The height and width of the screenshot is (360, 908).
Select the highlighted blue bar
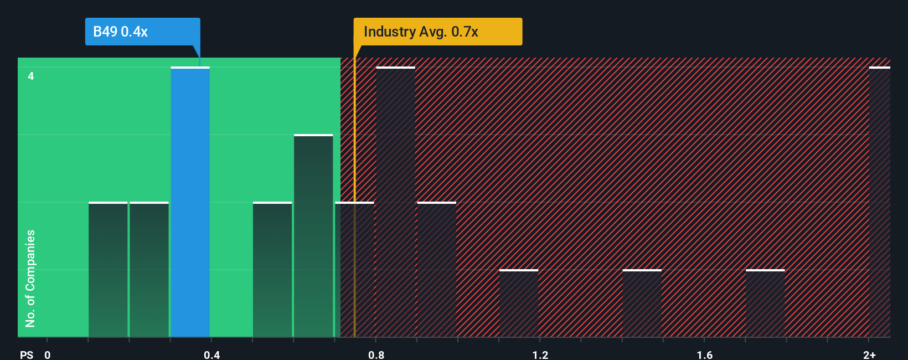click(190, 202)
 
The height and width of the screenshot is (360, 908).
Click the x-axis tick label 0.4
click(211, 354)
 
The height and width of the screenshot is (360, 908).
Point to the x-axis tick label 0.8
click(376, 354)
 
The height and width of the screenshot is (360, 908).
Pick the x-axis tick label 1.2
click(540, 354)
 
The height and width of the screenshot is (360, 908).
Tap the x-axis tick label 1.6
click(704, 354)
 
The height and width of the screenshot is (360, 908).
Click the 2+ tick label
click(869, 354)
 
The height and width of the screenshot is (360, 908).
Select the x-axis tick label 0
click(48, 354)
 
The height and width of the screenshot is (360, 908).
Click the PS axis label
click(27, 354)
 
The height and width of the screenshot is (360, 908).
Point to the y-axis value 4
click(31, 76)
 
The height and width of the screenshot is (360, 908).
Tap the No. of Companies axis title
click(30, 278)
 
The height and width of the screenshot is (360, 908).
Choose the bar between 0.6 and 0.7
click(313, 236)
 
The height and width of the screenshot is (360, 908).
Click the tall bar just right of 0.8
click(395, 202)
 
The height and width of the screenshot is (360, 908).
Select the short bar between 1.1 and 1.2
click(519, 304)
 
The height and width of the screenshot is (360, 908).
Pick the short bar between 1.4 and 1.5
click(642, 304)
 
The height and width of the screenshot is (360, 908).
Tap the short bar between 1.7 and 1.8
click(765, 304)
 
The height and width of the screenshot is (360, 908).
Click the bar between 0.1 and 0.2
click(108, 270)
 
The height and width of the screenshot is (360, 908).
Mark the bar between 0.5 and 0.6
click(272, 270)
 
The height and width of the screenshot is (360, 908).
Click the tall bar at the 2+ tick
click(879, 202)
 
